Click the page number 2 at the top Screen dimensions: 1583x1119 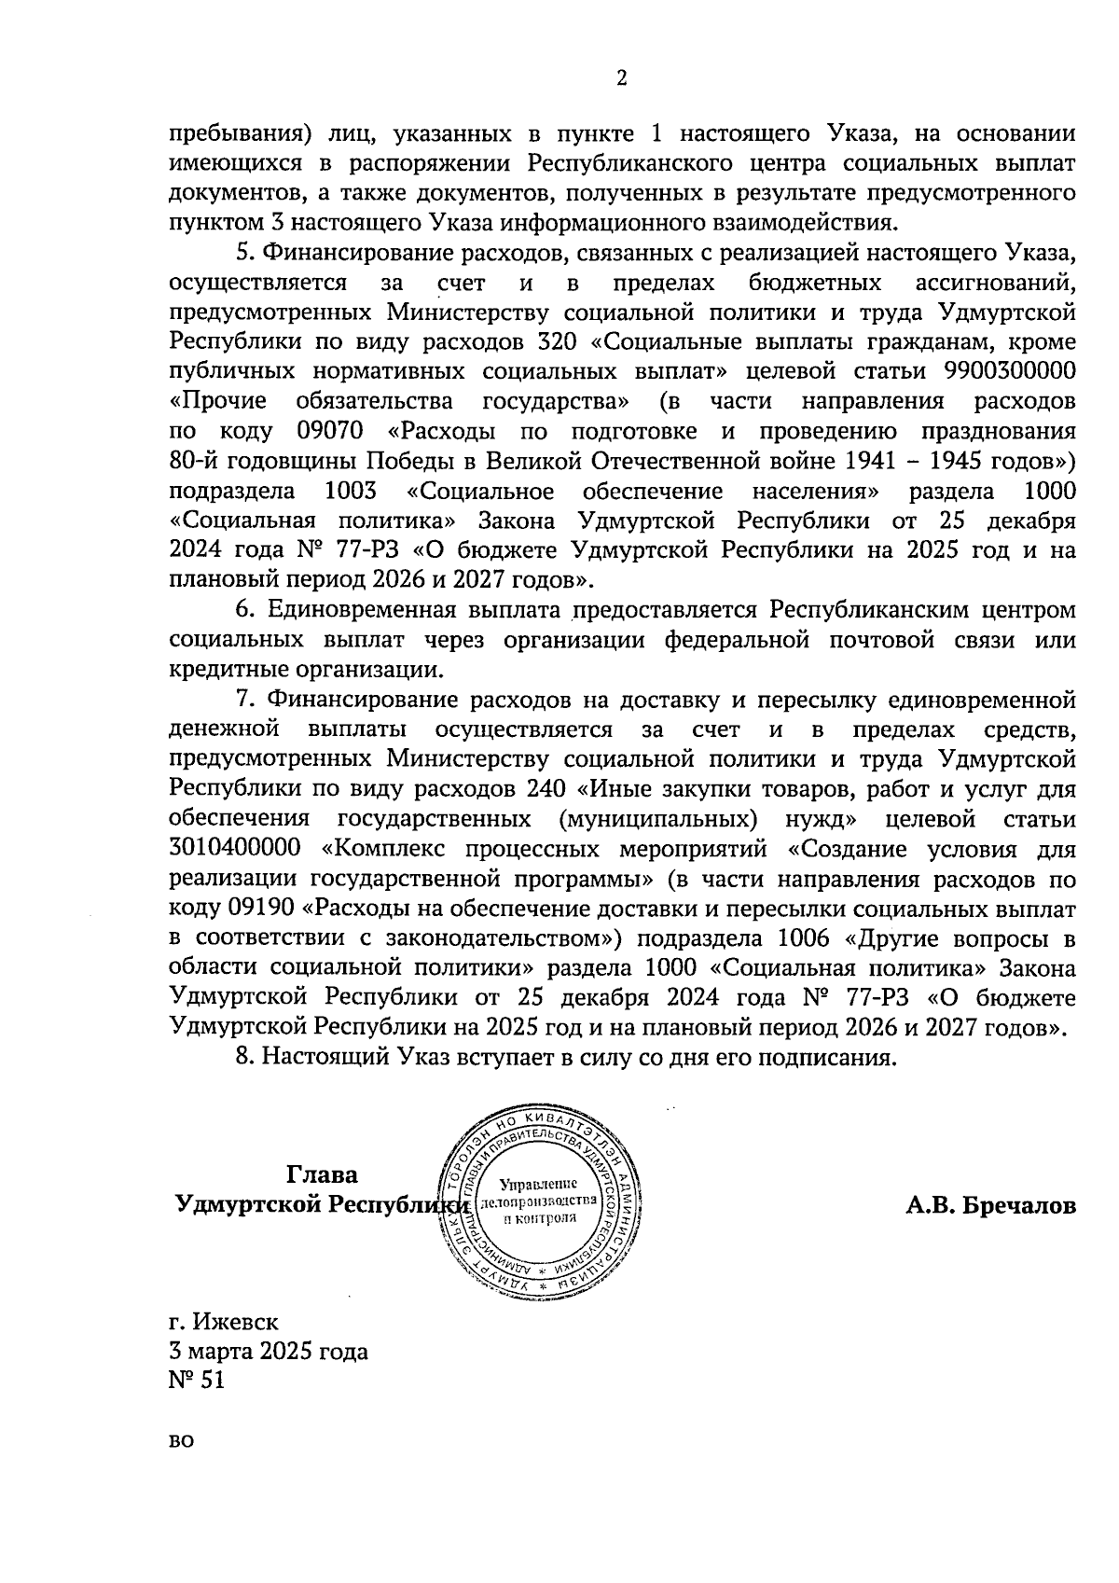(622, 79)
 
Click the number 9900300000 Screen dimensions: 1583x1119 (1010, 371)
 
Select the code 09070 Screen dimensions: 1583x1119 (330, 431)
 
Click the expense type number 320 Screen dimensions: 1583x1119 (561, 341)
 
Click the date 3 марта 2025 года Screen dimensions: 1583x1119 (268, 1352)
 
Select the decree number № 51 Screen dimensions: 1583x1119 (197, 1381)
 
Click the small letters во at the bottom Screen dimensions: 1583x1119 (182, 1467)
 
